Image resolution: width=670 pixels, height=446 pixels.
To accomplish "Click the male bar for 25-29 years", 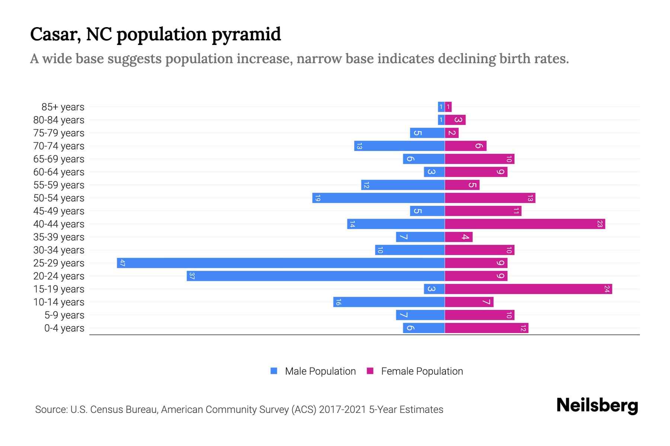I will coord(281,263).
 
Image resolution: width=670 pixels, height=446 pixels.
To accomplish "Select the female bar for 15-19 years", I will coord(529,289).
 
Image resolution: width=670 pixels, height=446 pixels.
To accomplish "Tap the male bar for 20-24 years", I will coord(316,276).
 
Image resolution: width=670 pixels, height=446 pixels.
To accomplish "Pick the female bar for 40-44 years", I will coord(525,224).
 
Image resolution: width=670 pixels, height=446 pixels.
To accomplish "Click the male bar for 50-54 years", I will coord(379,198).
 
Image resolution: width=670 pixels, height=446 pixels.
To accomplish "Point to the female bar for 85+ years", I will coord(448,107).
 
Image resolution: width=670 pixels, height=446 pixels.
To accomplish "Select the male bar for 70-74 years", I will coord(399,146).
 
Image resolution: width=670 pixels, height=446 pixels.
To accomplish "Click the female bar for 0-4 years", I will coord(486,328).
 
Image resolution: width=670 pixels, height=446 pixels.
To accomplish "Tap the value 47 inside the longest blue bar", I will coord(122,263).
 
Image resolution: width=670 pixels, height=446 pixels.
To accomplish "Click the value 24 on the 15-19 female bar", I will coord(607,289).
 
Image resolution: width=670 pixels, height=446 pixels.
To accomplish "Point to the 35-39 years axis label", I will coord(59,237).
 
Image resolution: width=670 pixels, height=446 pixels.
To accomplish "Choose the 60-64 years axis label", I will coord(59,172).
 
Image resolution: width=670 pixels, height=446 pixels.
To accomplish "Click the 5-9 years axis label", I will coord(64,315).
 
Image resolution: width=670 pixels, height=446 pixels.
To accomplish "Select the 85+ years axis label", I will coord(63,107).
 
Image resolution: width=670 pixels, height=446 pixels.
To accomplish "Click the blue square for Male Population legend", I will coord(274,371).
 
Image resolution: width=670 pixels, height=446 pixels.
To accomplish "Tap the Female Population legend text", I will coord(422,371).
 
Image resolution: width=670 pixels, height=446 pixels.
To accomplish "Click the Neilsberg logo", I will coord(597,405).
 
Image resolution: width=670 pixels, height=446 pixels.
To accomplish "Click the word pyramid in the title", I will coord(246,35).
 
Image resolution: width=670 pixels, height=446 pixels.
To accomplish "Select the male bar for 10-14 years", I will coord(389,302).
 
